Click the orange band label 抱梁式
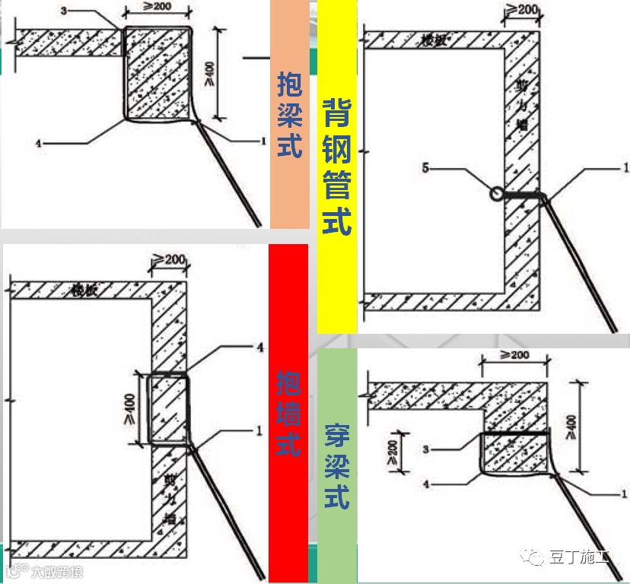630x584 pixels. [x=290, y=114]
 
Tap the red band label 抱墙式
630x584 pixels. [x=288, y=402]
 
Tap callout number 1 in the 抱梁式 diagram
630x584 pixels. [x=262, y=141]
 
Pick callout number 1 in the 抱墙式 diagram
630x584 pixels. [x=259, y=430]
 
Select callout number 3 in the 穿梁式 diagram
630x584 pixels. [x=427, y=449]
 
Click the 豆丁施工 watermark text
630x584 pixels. [x=580, y=559]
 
